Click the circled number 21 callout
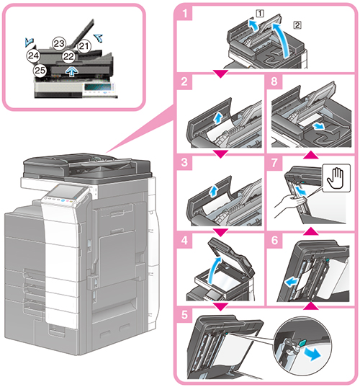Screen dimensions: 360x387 point(84,46)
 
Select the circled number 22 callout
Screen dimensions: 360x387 point(68,56)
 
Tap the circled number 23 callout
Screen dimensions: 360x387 point(59,44)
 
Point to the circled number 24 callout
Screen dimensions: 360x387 point(33,55)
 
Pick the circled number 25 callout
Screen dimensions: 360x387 point(40,71)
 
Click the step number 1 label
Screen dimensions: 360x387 point(184,13)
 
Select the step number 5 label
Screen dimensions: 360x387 point(184,315)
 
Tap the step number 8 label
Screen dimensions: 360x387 point(274,81)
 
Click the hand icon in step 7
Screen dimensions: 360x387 point(336,178)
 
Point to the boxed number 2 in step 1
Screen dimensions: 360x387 point(297,25)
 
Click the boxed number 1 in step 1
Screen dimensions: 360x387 point(260,13)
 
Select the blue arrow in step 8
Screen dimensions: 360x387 point(318,127)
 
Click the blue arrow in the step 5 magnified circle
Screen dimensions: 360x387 point(313,355)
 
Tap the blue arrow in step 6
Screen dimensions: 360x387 point(291,282)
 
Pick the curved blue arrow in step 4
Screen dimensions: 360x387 point(214,270)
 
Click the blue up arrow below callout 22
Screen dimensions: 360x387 point(72,71)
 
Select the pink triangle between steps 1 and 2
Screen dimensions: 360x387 point(220,74)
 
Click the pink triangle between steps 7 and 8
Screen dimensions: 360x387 point(311,155)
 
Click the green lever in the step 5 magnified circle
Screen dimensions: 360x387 point(302,342)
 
